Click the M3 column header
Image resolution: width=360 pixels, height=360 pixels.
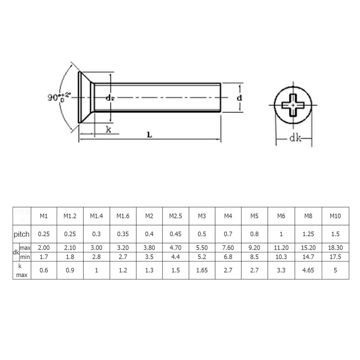(202, 216)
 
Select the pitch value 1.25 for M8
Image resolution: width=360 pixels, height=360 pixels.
(308, 234)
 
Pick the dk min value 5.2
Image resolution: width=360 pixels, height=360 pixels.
(202, 257)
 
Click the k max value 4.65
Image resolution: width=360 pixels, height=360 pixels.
(308, 270)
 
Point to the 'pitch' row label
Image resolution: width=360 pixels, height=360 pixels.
(22, 234)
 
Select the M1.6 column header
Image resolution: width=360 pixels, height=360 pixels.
(123, 216)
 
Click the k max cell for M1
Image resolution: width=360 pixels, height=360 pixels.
(44, 270)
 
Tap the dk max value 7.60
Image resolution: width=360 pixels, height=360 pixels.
(228, 248)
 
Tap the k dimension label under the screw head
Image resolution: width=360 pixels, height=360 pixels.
(108, 129)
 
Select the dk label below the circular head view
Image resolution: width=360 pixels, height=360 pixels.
(295, 139)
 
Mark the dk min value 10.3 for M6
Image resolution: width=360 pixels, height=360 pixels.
(281, 257)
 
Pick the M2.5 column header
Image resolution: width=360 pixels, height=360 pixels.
(175, 216)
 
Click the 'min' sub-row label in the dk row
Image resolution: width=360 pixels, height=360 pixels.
(25, 257)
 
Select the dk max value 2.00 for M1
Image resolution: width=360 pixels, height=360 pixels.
(44, 248)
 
